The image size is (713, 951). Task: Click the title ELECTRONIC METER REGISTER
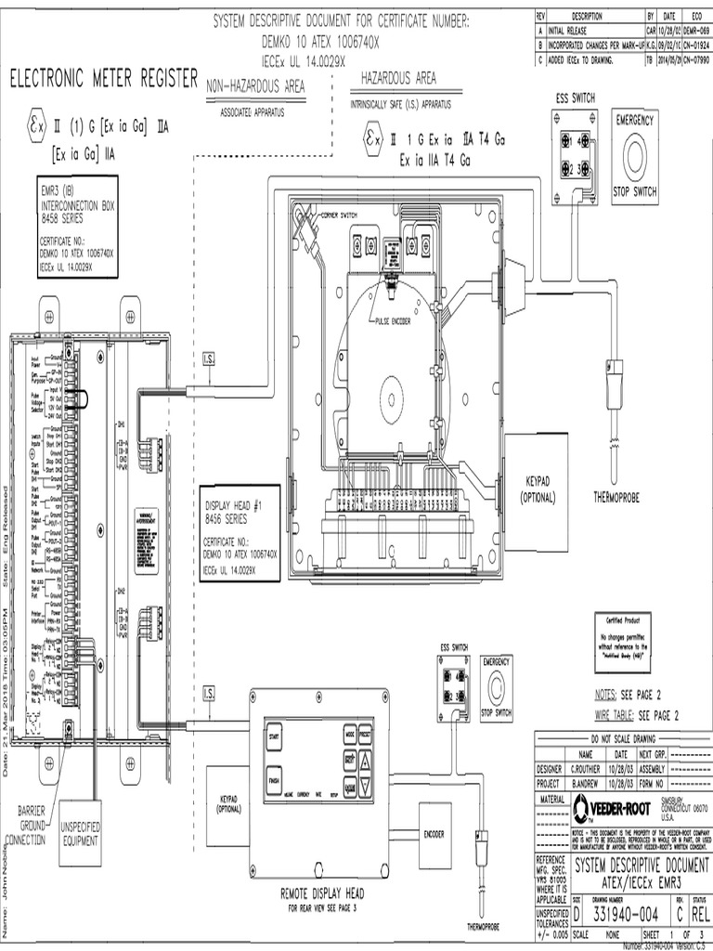(103, 79)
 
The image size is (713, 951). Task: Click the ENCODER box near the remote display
(434, 834)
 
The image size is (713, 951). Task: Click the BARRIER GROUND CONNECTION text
(32, 826)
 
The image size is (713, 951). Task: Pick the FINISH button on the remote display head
(274, 780)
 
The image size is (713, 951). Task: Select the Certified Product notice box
(627, 638)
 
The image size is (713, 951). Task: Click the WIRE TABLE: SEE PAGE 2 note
(638, 714)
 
